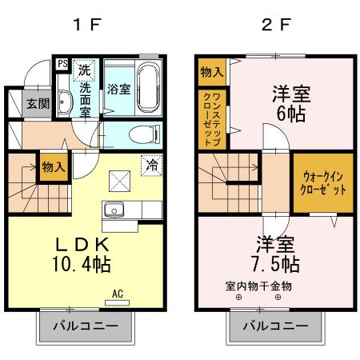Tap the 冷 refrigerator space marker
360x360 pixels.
150,165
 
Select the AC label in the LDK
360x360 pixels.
118,293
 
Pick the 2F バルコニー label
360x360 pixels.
276,326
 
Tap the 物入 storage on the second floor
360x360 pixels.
211,72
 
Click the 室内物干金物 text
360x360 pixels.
258,285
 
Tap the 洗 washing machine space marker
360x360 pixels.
83,70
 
